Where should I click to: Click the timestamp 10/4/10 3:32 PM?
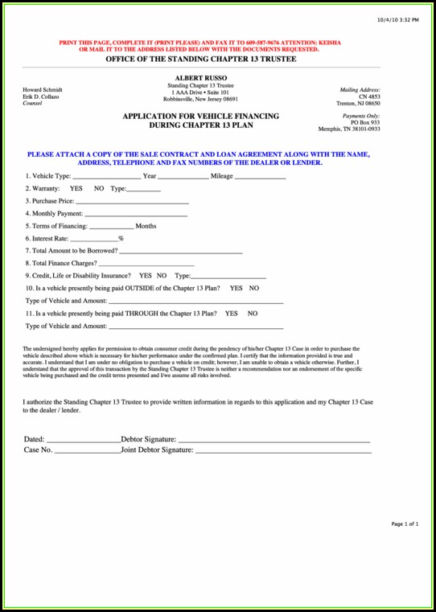[397, 18]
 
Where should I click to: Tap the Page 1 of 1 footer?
[405, 524]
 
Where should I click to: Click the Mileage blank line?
[260, 176]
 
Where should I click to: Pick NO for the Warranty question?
[99, 188]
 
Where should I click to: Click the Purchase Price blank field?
[133, 201]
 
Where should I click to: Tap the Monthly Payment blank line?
[136, 214]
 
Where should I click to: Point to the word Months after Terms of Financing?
[146, 226]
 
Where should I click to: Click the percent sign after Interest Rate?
[121, 239]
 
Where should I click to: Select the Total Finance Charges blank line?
[146, 264]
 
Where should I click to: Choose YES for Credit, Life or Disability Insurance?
[146, 276]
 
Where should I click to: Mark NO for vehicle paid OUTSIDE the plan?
[253, 288]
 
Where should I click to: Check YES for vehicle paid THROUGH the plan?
[231, 314]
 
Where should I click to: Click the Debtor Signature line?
[274, 441]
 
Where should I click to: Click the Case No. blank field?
[87, 451]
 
